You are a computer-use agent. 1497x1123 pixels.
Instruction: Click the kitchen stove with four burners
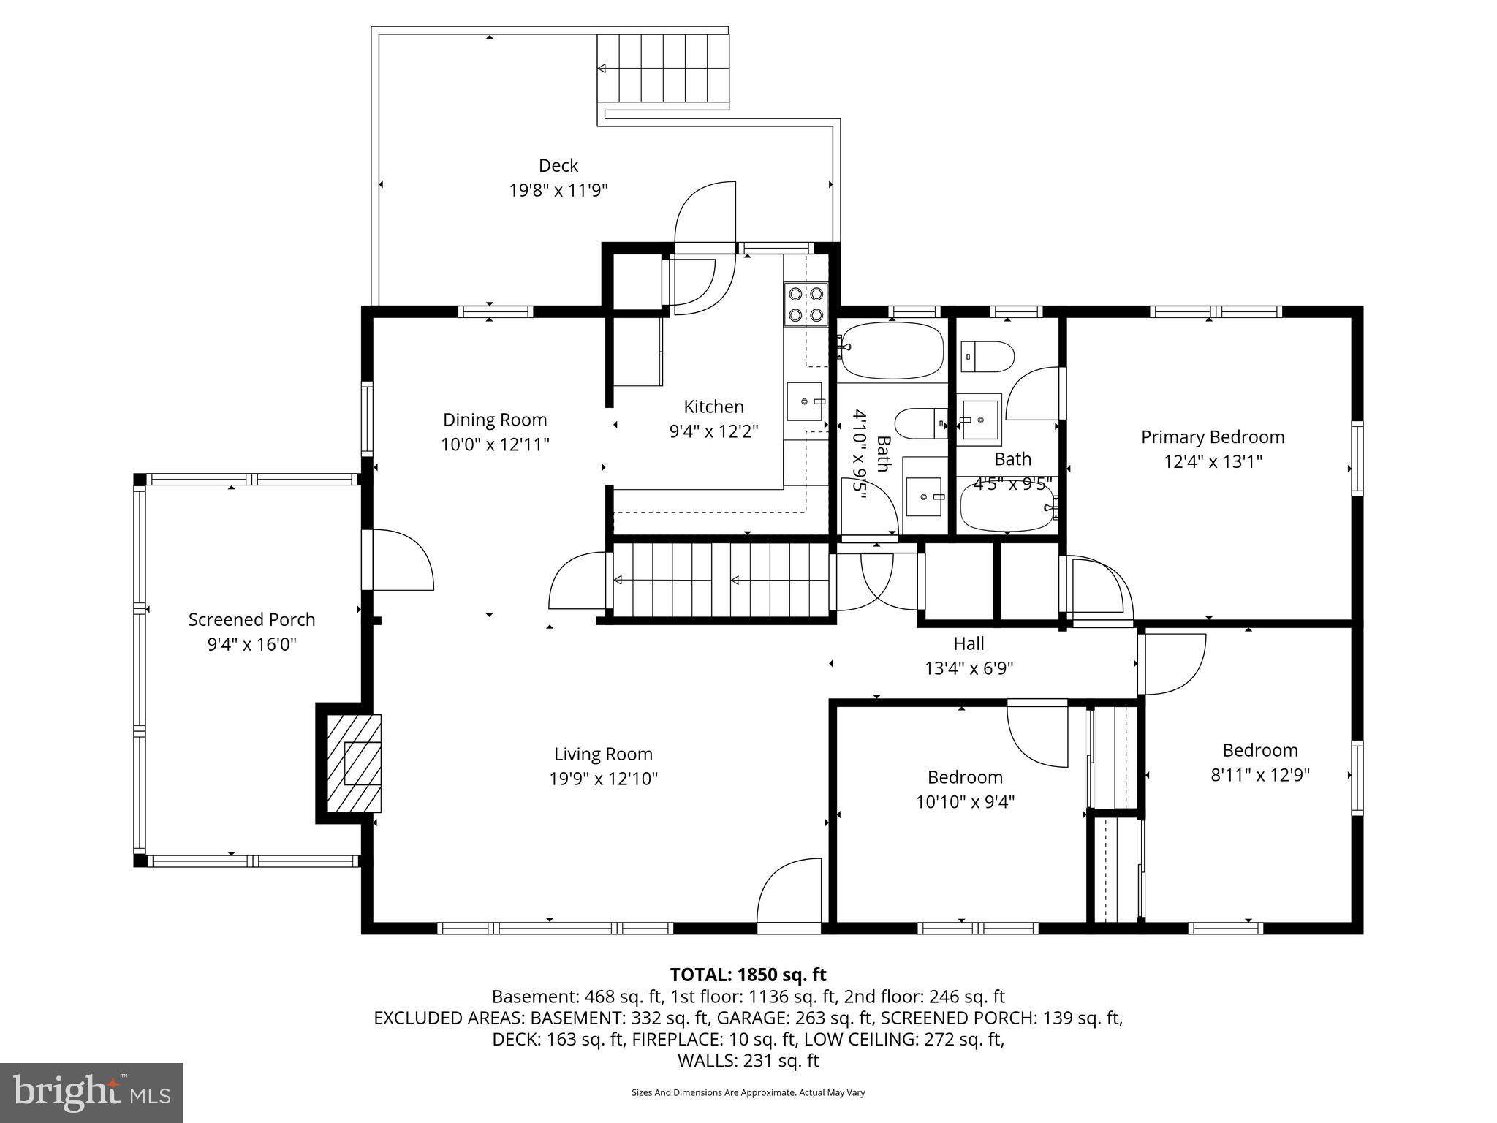tap(806, 304)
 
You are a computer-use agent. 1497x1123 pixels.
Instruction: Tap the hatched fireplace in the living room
tap(354, 763)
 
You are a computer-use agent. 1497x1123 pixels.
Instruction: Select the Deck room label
tap(558, 165)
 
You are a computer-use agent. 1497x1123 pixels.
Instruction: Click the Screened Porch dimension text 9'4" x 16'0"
tap(252, 644)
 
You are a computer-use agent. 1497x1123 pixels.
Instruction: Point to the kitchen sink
tap(804, 401)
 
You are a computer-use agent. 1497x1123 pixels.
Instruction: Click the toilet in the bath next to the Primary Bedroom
tap(987, 357)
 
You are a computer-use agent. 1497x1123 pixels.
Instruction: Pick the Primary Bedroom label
tap(1213, 436)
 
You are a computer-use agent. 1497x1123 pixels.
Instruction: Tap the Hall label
tap(969, 643)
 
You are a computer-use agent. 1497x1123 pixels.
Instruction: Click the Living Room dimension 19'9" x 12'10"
tap(604, 779)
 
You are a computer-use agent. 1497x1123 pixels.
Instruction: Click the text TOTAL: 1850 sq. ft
tap(748, 975)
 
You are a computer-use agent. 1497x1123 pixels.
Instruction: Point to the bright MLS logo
tap(91, 1092)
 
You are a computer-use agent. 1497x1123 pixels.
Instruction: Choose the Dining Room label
tap(495, 420)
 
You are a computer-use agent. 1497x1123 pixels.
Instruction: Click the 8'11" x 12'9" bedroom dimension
tap(1260, 774)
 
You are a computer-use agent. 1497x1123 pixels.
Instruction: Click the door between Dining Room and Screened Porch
tap(398, 559)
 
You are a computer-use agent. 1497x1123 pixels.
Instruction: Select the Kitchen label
tap(714, 407)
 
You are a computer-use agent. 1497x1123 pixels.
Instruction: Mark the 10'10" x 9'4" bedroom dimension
tap(965, 802)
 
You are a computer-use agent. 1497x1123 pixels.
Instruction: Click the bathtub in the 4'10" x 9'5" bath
tap(892, 350)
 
